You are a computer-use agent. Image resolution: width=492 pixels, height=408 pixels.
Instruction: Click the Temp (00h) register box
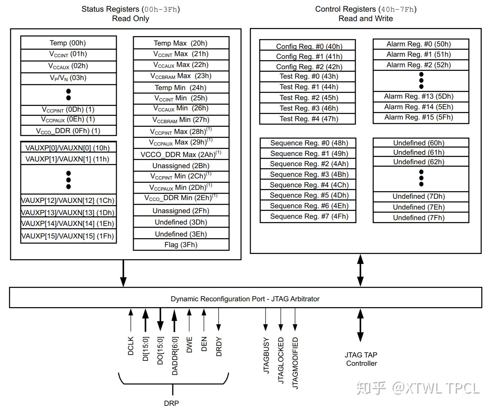68,43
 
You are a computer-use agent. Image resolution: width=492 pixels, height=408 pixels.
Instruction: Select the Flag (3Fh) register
181,245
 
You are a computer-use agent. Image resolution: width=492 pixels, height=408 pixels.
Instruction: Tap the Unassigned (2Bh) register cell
181,166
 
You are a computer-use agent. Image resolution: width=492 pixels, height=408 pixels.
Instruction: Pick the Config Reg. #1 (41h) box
307,56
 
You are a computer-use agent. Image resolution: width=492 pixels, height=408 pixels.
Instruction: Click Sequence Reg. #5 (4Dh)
308,195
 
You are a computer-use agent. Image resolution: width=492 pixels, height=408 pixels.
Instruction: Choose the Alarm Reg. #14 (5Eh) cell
421,107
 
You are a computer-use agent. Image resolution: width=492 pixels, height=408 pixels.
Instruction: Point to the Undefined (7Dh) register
421,196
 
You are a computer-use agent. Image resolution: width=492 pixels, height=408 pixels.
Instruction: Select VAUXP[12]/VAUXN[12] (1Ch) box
68,200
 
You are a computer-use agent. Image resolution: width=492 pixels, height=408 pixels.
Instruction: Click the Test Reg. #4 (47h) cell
307,119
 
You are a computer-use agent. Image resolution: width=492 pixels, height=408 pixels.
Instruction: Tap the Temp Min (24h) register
181,88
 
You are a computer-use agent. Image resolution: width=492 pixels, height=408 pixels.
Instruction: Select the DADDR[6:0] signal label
175,356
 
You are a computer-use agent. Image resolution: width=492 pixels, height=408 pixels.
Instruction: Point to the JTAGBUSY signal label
266,355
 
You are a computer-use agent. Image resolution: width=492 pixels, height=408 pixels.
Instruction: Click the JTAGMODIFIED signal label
295,363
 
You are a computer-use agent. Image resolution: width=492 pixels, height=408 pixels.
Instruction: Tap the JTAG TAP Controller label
361,359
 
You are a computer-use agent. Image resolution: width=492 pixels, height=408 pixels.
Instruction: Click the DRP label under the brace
172,403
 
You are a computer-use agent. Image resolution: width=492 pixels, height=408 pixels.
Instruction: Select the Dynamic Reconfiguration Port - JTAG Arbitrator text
245,299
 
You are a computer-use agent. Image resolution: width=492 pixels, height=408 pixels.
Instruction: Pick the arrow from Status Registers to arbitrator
123,273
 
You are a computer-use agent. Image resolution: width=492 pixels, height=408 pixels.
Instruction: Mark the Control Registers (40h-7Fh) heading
366,9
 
